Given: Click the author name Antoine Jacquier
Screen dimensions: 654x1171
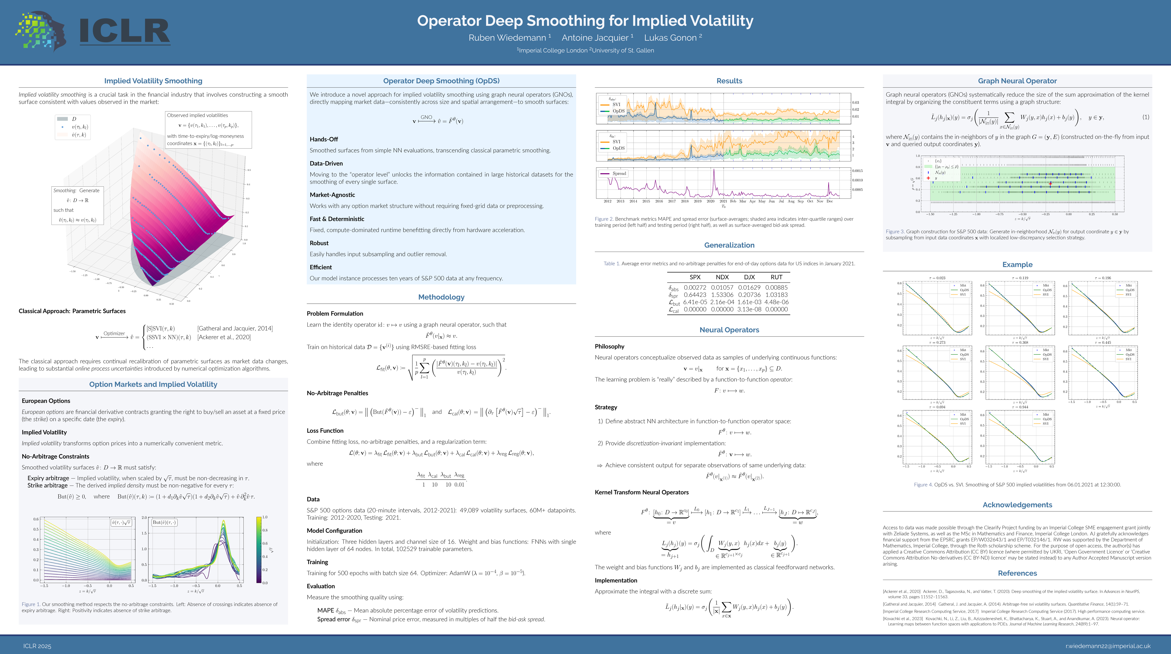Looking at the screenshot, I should pyautogui.click(x=595, y=38).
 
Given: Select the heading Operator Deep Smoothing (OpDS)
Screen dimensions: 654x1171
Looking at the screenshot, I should pyautogui.click(x=441, y=81).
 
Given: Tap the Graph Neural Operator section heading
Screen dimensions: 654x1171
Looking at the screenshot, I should pyautogui.click(x=1017, y=81).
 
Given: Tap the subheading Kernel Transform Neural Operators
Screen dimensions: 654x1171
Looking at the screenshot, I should pyautogui.click(x=641, y=492).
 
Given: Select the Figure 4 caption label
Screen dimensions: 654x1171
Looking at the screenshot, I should pyautogui.click(x=923, y=484).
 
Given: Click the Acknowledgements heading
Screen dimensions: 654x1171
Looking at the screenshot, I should pyautogui.click(x=1017, y=505).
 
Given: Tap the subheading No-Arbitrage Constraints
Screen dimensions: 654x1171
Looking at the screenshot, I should pyautogui.click(x=55, y=456).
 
